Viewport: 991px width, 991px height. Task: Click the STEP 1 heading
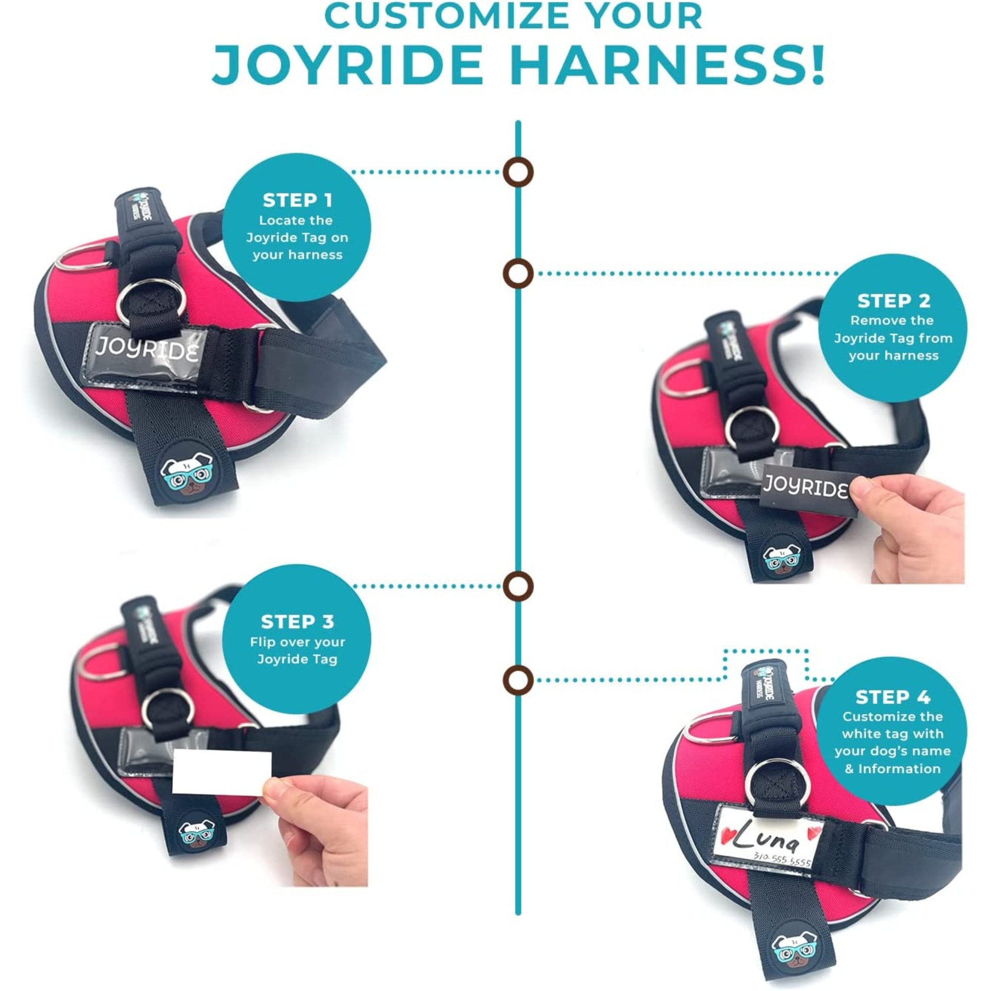coord(297,200)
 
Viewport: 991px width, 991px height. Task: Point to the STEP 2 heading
coord(893,301)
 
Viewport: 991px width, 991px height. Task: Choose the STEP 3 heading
coord(297,622)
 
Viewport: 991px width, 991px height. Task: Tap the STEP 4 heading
coord(893,697)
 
